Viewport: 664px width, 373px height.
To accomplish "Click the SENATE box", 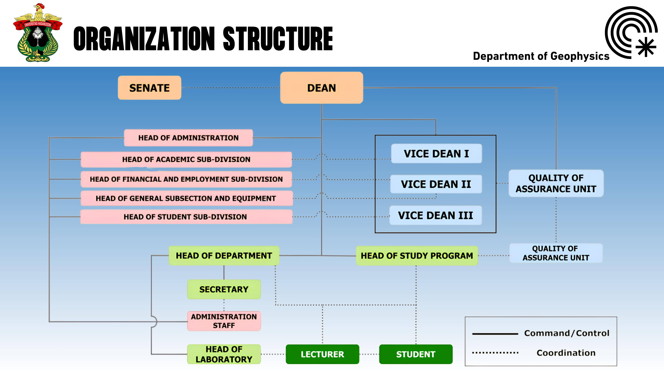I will (150, 88).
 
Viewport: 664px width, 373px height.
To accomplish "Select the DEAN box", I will (321, 88).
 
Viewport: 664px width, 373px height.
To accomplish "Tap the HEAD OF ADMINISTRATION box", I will (188, 138).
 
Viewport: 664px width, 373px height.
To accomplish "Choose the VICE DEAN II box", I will (436, 184).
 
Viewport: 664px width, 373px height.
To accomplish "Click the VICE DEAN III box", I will (435, 215).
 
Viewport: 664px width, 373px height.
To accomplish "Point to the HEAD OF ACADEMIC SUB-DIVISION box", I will (186, 159).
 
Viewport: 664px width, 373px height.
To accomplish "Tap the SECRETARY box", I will (224, 289).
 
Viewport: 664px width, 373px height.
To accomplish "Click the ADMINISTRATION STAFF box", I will (224, 321).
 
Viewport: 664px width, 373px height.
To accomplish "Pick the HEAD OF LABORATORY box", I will (224, 354).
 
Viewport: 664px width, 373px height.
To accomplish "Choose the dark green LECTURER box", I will (322, 354).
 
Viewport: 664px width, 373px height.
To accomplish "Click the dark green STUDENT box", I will (416, 354).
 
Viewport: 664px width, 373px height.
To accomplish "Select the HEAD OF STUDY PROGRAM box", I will (417, 256).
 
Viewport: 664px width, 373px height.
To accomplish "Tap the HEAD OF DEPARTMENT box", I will (224, 256).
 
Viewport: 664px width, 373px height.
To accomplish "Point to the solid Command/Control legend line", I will (495, 334).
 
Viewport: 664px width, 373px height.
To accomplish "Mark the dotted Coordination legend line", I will (495, 353).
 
